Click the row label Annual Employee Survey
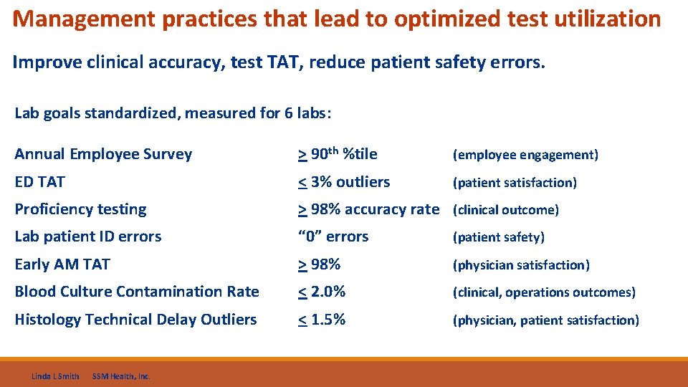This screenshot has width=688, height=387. [103, 154]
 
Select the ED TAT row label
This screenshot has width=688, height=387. [39, 182]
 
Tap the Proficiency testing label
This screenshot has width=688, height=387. [80, 209]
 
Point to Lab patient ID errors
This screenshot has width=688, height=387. [88, 236]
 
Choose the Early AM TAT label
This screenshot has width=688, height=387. [62, 264]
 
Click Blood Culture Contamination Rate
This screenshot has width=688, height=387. [137, 292]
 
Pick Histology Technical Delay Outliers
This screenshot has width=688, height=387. [135, 320]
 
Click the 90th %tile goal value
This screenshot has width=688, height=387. [338, 153]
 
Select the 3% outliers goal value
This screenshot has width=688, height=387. [344, 182]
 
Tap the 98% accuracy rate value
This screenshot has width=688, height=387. [368, 209]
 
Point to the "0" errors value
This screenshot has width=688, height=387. [333, 236]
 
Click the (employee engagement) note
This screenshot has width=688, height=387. [525, 155]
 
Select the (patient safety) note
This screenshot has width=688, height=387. [498, 237]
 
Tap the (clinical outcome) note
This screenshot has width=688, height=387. [505, 210]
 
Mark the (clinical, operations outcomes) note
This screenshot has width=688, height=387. [543, 292]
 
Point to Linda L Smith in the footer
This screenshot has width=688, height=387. [55, 376]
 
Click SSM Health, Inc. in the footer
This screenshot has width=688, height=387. [121, 376]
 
